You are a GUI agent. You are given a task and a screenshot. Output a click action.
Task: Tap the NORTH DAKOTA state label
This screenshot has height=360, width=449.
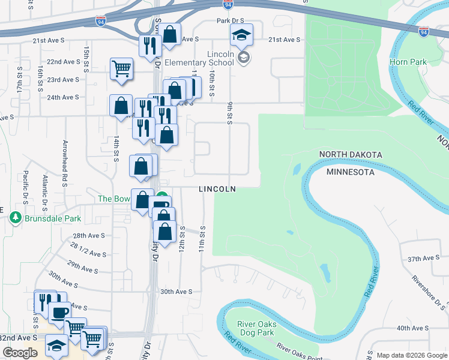pyautogui.click(x=351, y=155)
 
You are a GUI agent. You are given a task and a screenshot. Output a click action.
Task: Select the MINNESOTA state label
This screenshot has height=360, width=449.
pyautogui.click(x=351, y=172)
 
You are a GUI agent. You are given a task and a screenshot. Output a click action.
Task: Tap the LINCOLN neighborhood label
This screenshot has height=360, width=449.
pyautogui.click(x=217, y=189)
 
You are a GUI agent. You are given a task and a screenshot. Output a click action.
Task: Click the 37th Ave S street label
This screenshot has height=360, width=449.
pyautogui.click(x=424, y=259)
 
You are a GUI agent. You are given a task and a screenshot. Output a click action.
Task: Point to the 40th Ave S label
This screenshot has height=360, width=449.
pyautogui.click(x=411, y=328)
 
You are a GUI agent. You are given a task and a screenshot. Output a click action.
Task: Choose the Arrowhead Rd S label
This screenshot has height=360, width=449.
pyautogui.click(x=65, y=160)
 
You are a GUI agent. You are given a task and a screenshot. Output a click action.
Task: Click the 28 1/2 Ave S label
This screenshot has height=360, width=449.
pyautogui.click(x=88, y=248)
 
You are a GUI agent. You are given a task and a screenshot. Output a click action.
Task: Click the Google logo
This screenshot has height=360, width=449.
pyautogui.click(x=20, y=353)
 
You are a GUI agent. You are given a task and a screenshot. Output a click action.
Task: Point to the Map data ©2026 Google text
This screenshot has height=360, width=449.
pyautogui.click(x=411, y=355)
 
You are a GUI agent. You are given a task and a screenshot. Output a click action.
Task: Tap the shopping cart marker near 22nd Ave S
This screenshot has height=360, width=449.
pyautogui.click(x=121, y=69)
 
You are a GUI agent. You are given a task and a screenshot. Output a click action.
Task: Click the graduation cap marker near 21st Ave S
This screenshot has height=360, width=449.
pyautogui.click(x=241, y=35)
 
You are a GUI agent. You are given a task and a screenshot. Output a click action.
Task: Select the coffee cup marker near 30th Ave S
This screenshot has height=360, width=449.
pyautogui.click(x=59, y=313)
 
